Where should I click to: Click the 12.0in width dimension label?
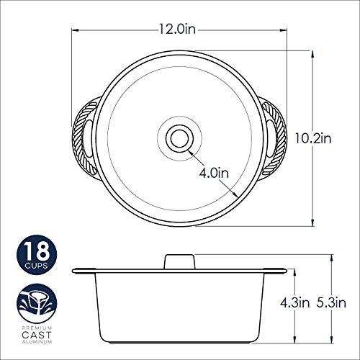(179, 30)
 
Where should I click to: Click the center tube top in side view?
(179, 258)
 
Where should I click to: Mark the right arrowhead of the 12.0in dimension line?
(284, 30)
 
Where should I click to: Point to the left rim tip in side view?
(75, 271)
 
